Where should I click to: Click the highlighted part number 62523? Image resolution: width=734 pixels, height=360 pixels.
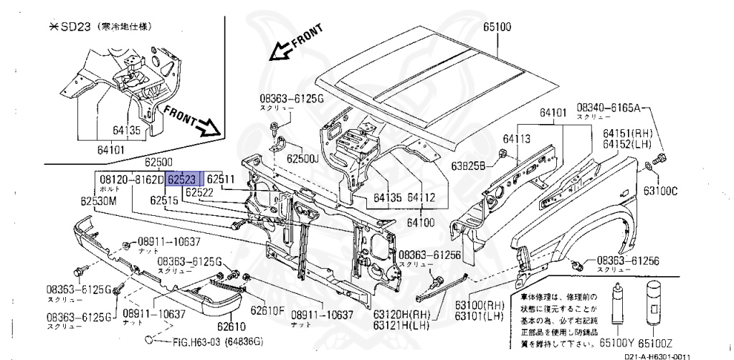184,179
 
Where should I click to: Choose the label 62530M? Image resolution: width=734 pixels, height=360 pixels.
97,202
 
